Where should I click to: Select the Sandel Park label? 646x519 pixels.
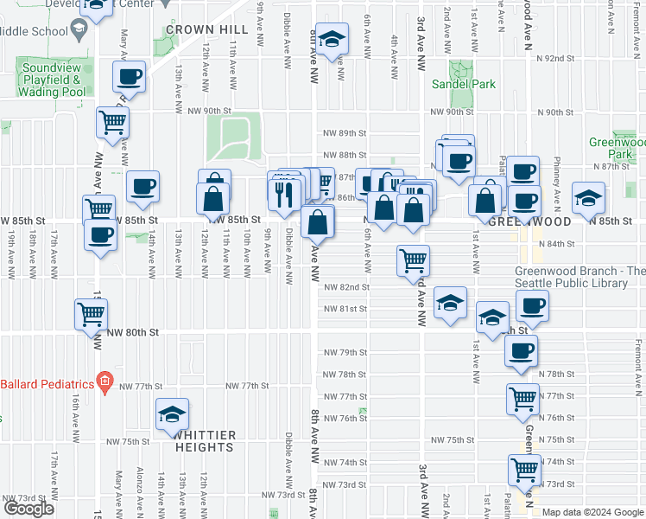click(x=464, y=85)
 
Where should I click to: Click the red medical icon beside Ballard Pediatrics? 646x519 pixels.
click(x=104, y=381)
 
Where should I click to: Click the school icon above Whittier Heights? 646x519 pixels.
click(x=172, y=414)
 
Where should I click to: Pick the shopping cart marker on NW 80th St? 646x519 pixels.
click(x=92, y=315)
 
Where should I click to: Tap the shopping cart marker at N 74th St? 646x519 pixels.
click(x=524, y=470)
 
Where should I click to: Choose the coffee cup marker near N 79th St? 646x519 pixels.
click(x=521, y=350)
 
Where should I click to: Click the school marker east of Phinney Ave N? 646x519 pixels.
click(x=588, y=197)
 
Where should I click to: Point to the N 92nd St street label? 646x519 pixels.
click(x=554, y=59)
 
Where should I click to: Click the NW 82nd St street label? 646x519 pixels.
click(x=346, y=287)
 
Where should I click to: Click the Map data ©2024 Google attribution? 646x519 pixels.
click(x=593, y=512)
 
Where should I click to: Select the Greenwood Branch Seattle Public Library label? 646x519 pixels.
click(x=579, y=276)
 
